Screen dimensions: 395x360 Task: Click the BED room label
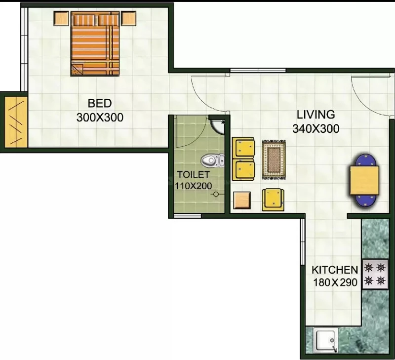[x=100, y=103]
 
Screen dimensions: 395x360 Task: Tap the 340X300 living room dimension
[x=316, y=128]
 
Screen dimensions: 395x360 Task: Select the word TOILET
[x=193, y=174]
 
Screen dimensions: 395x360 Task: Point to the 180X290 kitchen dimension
[x=335, y=282]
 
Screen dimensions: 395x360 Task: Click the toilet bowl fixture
[x=212, y=160]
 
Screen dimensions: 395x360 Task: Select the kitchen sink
[x=325, y=340]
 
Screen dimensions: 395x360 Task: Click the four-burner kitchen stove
[x=375, y=274]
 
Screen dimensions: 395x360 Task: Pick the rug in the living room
[x=274, y=160]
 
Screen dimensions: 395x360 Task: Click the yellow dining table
[x=364, y=180]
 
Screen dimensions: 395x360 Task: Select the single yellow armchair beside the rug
[x=273, y=200]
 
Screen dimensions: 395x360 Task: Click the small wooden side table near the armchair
[x=242, y=200]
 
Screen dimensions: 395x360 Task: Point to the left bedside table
[x=61, y=18]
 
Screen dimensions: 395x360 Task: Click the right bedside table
[x=128, y=18]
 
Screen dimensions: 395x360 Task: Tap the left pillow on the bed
[x=84, y=20]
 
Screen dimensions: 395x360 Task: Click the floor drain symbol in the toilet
[x=216, y=194]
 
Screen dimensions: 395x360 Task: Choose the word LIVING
[x=316, y=115]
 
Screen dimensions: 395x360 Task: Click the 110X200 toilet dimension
[x=193, y=186]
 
